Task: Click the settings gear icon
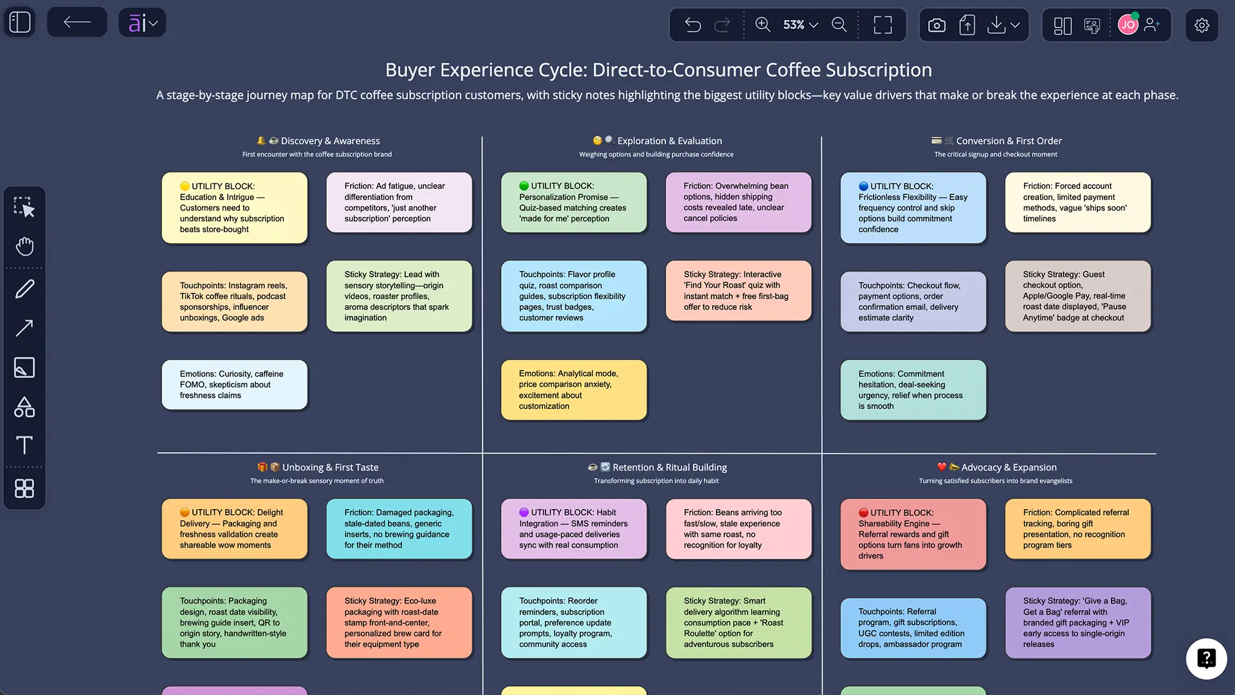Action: point(1202,25)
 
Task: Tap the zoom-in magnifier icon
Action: point(763,24)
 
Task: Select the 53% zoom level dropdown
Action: point(800,24)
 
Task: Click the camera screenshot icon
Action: point(937,25)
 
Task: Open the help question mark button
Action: point(1206,658)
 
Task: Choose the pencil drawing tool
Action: point(24,289)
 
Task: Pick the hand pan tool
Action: point(24,246)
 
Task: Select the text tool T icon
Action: point(24,445)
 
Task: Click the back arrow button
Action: point(77,23)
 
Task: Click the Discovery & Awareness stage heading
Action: point(330,141)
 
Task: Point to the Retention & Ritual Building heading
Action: point(670,467)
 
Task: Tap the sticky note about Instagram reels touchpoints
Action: point(234,302)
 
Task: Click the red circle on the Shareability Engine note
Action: point(864,513)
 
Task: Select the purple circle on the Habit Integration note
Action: point(524,512)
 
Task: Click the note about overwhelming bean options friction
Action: point(738,202)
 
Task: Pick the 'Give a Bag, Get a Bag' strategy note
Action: point(1078,622)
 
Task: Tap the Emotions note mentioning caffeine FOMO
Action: point(234,385)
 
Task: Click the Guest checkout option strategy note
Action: point(1078,296)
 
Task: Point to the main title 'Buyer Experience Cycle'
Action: point(658,70)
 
